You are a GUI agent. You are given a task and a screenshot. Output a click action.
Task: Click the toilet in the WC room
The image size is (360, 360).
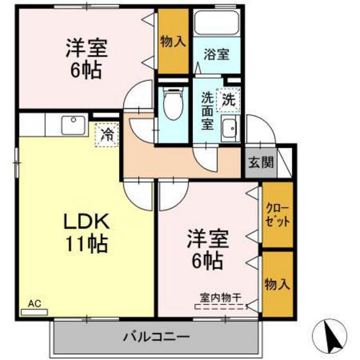tap(172, 103)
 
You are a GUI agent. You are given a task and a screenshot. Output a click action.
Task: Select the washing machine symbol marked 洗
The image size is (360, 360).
tap(228, 99)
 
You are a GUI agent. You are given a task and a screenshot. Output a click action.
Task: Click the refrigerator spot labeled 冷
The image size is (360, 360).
tap(107, 135)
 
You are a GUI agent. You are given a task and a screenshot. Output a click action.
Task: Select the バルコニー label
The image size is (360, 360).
tap(156, 336)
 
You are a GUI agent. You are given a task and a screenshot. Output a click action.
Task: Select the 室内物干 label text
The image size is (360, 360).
tap(221, 297)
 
